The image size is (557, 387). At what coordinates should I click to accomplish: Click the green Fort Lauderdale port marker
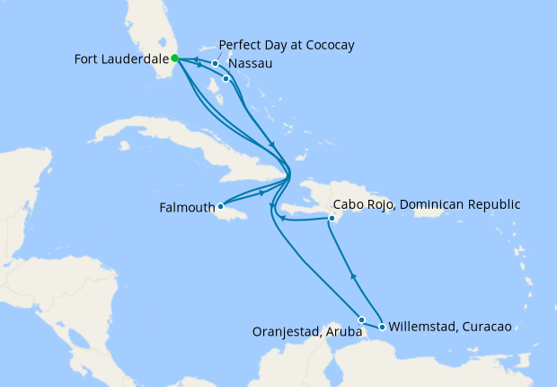click(174, 58)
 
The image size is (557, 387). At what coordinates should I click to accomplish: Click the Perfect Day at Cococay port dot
click(216, 64)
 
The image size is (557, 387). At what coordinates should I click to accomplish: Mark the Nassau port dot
click(226, 79)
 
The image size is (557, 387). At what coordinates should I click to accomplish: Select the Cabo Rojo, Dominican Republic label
click(427, 204)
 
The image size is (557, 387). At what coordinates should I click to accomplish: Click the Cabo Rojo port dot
click(332, 218)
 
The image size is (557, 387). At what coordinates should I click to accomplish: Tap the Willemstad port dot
click(383, 327)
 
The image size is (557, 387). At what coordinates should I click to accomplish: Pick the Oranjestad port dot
click(361, 319)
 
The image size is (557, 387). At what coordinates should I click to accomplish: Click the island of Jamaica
click(235, 214)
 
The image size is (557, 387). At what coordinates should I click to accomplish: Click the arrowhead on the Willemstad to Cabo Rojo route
click(353, 277)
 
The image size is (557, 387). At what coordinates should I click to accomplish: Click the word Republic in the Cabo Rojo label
click(492, 204)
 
